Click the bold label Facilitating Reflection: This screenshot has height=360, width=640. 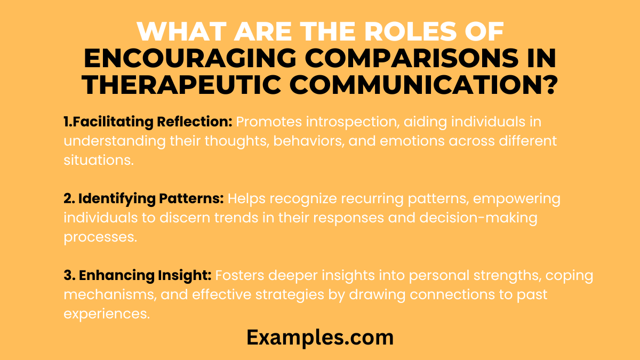click(148, 122)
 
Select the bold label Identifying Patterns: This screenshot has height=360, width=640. click(144, 199)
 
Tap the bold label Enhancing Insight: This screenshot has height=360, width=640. click(138, 276)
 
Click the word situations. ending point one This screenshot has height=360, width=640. click(98, 161)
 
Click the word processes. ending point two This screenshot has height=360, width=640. click(100, 237)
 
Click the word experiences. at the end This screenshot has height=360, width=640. click(106, 314)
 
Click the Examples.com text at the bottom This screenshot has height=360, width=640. click(320, 338)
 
